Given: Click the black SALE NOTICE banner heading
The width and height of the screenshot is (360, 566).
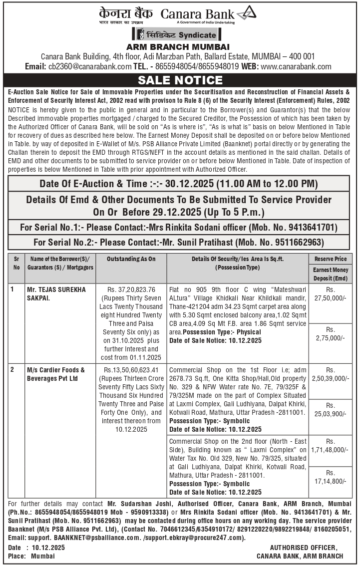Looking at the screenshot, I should [180, 80].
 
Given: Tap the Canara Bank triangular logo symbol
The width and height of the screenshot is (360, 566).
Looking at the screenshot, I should [246, 13].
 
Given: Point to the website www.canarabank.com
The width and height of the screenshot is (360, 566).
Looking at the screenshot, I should [296, 66].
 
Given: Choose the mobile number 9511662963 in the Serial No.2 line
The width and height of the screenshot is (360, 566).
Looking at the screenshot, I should [299, 243].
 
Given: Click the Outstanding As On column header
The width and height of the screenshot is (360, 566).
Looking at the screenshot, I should [131, 259].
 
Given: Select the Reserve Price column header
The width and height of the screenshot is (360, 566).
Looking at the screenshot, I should [330, 259].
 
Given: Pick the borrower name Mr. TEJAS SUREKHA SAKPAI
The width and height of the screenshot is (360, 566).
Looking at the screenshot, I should [56, 293].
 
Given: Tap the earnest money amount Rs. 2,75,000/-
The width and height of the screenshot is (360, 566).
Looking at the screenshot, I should [330, 334].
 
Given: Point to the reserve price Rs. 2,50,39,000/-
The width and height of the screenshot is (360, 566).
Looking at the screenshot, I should [330, 374].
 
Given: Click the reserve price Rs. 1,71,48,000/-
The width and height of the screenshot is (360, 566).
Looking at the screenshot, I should [330, 446].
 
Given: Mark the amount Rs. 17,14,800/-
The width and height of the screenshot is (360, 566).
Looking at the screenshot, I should [330, 477].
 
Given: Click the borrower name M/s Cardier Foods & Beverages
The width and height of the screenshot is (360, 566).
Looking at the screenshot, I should [56, 374].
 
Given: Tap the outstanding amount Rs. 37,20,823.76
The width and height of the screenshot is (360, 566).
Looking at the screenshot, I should [131, 289].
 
